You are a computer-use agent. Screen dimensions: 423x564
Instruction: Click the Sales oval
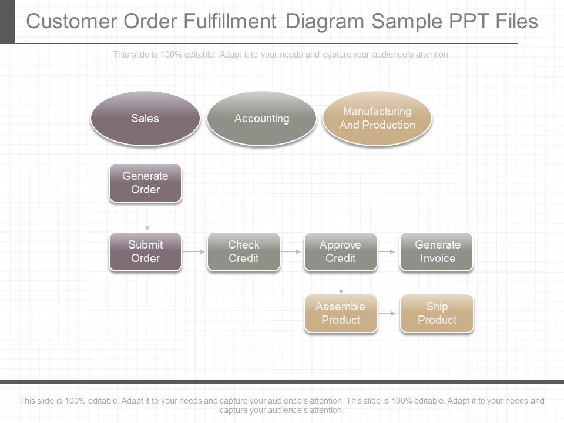tap(145, 118)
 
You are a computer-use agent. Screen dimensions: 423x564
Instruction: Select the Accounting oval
tap(261, 118)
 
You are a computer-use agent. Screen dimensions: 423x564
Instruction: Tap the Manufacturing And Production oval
tap(377, 118)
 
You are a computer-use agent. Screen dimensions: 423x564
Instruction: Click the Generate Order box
tap(145, 183)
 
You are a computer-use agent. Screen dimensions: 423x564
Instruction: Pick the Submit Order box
tap(145, 251)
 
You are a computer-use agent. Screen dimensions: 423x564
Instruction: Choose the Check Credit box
tap(243, 251)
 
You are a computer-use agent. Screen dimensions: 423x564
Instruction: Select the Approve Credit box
tap(340, 251)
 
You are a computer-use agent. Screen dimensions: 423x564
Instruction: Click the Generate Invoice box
tap(437, 251)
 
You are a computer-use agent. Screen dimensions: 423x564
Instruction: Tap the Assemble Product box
tap(340, 313)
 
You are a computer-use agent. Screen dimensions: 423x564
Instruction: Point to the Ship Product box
tap(437, 313)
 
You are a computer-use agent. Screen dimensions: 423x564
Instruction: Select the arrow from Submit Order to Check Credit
tap(194, 251)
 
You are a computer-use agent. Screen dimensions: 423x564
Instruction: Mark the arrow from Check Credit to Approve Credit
tap(291, 251)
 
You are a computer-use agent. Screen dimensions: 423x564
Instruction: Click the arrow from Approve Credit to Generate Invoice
tap(388, 251)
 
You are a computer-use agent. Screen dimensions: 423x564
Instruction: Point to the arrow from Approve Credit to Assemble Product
tap(341, 283)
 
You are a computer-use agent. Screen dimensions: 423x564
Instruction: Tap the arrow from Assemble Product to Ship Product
tap(388, 314)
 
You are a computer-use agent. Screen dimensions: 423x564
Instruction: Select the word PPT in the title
tap(466, 22)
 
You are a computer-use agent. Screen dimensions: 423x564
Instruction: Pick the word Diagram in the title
tap(325, 22)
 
